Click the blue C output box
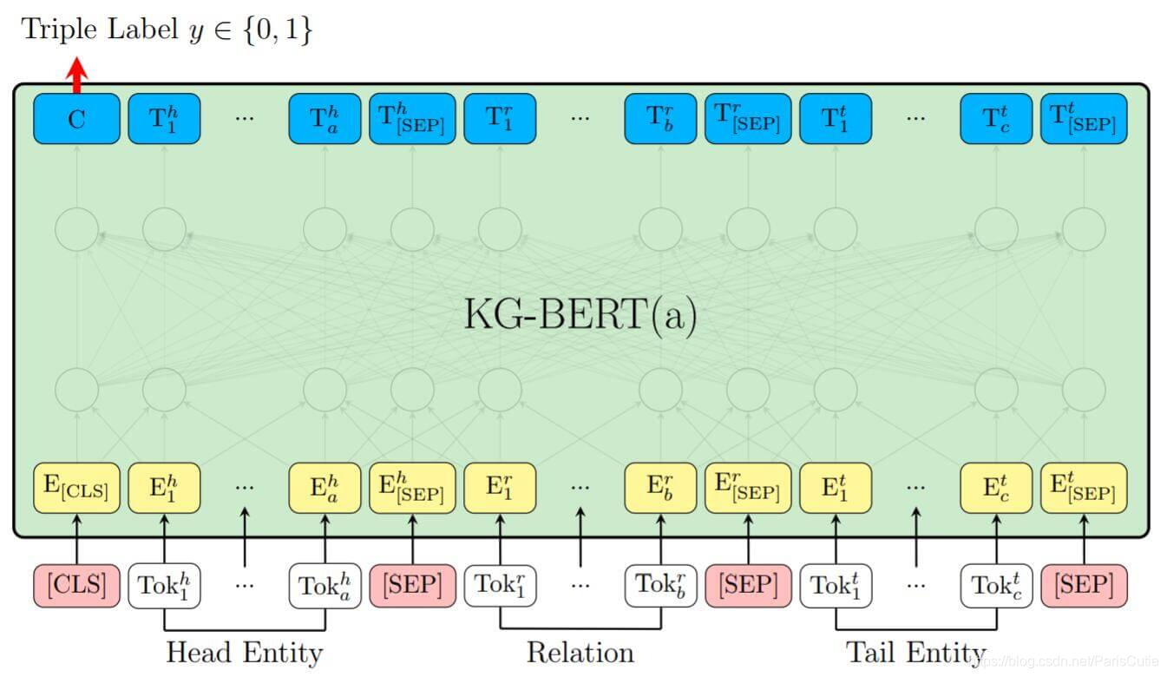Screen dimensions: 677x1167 coord(76,119)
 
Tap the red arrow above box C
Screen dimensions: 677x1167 coord(77,75)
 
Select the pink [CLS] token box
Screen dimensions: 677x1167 coord(76,585)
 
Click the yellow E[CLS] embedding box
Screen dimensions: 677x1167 coord(76,488)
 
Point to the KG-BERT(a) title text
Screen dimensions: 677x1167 coord(580,314)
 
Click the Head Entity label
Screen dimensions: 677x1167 coord(244,652)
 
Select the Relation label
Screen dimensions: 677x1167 coord(580,652)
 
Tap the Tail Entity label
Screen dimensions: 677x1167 coord(915,652)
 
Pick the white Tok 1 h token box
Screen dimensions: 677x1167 coord(164,585)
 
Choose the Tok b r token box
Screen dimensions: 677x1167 coord(660,585)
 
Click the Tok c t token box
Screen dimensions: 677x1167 coord(996,585)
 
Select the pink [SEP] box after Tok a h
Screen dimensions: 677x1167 coord(412,585)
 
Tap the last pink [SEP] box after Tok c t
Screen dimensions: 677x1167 coord(1084,585)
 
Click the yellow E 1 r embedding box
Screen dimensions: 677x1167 coord(500,488)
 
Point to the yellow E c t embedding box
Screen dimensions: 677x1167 coord(996,488)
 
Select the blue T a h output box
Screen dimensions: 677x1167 coord(325,119)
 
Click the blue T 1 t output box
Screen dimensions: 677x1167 coord(836,119)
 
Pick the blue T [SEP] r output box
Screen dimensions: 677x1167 coord(748,119)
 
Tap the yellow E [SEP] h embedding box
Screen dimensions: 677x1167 coord(412,488)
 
